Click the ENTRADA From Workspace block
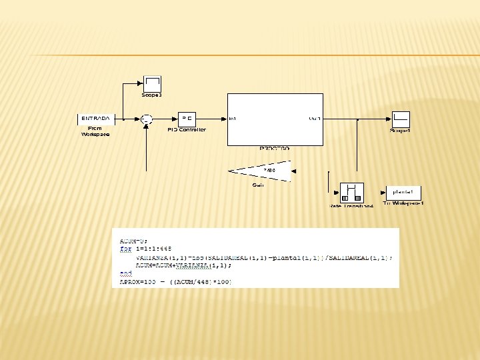point(96,119)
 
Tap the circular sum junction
point(147,119)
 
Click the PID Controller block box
point(187,119)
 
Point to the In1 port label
point(233,119)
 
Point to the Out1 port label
point(314,119)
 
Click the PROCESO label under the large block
point(274,149)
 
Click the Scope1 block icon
point(400,119)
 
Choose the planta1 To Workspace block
point(403,192)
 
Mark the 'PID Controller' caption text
point(187,130)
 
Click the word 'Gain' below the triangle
point(258,185)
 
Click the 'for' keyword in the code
point(125,248)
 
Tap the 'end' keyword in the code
point(125,273)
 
